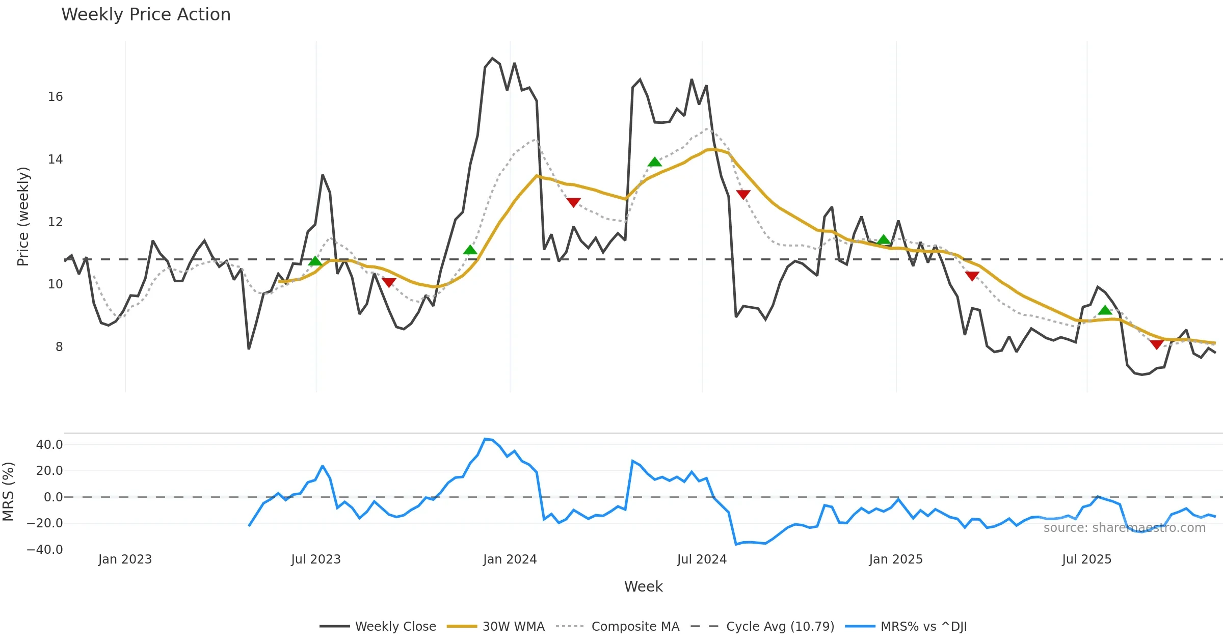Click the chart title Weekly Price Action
[146, 15]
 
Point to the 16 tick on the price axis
[56, 97]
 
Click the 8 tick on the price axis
[59, 347]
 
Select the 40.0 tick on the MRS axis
[49, 445]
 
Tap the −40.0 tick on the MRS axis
[45, 550]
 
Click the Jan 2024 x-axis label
[510, 559]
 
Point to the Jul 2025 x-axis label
[1086, 559]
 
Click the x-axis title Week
[643, 587]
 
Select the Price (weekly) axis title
[23, 217]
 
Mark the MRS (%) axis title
[8, 492]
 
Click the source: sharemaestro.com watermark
[1124, 528]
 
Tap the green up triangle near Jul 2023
[315, 261]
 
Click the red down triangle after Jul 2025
[1157, 344]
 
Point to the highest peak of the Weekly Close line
[492, 58]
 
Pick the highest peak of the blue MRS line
[485, 439]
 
